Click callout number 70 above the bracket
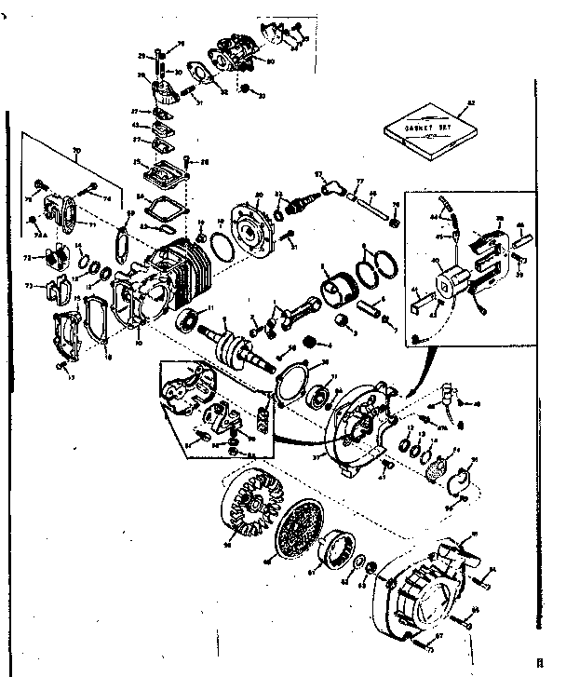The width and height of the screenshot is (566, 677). point(77,150)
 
